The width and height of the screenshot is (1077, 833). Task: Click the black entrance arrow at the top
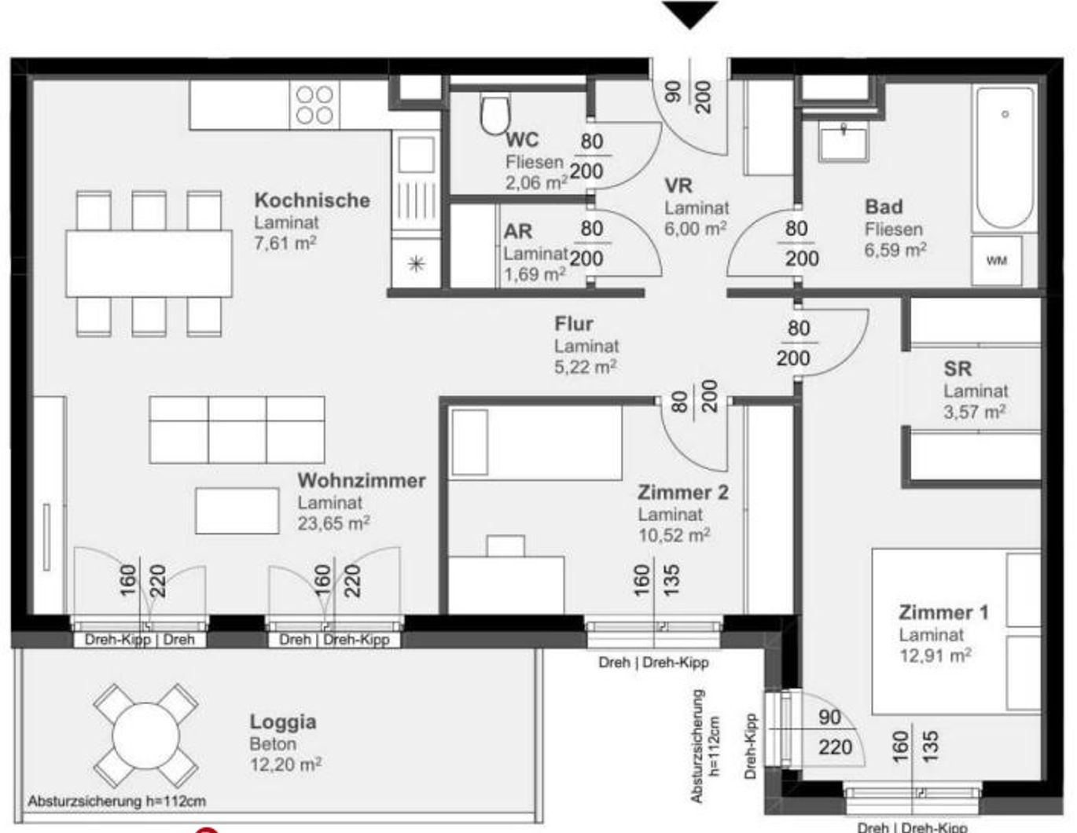click(689, 14)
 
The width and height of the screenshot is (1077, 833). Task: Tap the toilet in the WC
click(495, 115)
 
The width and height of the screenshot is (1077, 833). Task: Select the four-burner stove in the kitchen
click(314, 105)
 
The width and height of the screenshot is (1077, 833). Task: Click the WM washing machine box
click(996, 260)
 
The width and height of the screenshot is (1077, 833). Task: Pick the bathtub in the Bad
click(1004, 157)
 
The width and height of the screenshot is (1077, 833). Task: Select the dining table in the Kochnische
click(149, 262)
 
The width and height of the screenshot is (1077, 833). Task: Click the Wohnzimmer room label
click(361, 480)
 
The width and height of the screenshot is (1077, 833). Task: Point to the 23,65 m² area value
click(333, 523)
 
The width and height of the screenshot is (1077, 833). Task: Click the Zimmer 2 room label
click(682, 493)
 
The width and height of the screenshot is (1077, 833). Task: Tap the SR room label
click(957, 369)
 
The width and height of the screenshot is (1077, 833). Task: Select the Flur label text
click(573, 324)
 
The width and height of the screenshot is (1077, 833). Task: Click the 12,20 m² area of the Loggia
click(285, 764)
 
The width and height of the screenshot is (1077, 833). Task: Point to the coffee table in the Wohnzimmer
click(237, 511)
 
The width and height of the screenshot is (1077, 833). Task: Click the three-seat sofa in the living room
click(237, 430)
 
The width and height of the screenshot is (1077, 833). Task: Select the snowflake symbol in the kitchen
click(415, 263)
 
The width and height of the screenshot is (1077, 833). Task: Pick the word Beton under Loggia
click(273, 743)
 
